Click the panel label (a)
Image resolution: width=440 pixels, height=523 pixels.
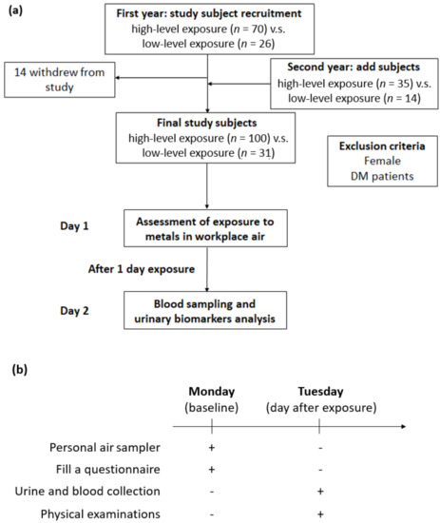coord(15,10)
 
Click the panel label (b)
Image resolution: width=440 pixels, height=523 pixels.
coord(20,370)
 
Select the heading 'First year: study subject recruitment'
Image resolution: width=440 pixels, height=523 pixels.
coord(209,13)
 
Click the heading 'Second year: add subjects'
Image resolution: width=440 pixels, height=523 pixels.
coord(354,68)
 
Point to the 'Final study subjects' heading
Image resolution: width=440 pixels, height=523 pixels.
coord(207,123)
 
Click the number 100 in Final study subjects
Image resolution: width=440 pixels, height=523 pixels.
coord(258,138)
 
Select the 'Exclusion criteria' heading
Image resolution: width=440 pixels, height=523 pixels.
coord(382,146)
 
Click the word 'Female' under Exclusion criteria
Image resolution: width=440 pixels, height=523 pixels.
coord(382,161)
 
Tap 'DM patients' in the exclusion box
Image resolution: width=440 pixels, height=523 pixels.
coord(382,176)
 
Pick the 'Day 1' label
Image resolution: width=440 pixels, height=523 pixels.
coord(74,226)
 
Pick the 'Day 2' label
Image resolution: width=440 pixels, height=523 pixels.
coord(74,311)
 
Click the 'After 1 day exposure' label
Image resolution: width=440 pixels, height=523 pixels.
coord(142,269)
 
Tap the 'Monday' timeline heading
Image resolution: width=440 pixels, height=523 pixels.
coord(212,392)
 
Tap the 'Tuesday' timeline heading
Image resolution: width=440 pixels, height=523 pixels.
coord(320,392)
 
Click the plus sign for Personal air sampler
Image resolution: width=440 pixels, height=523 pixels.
coord(211,448)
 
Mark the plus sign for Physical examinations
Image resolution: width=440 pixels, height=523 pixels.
coord(320,514)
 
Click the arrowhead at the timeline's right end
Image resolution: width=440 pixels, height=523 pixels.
coord(404,426)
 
